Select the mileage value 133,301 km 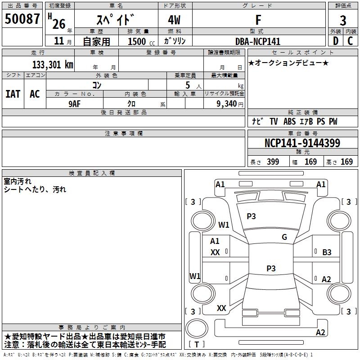point(53,64)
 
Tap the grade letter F point(258,20)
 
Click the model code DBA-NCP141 point(258,41)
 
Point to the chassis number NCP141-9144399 point(302,144)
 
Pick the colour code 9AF point(75,103)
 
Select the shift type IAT point(13,94)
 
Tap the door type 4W point(175,21)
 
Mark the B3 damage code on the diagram point(327,252)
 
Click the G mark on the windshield point(284,237)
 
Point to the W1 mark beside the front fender point(224,225)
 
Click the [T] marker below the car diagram point(197,344)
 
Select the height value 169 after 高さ point(346,162)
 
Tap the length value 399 point(273,162)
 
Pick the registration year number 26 point(58,23)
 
